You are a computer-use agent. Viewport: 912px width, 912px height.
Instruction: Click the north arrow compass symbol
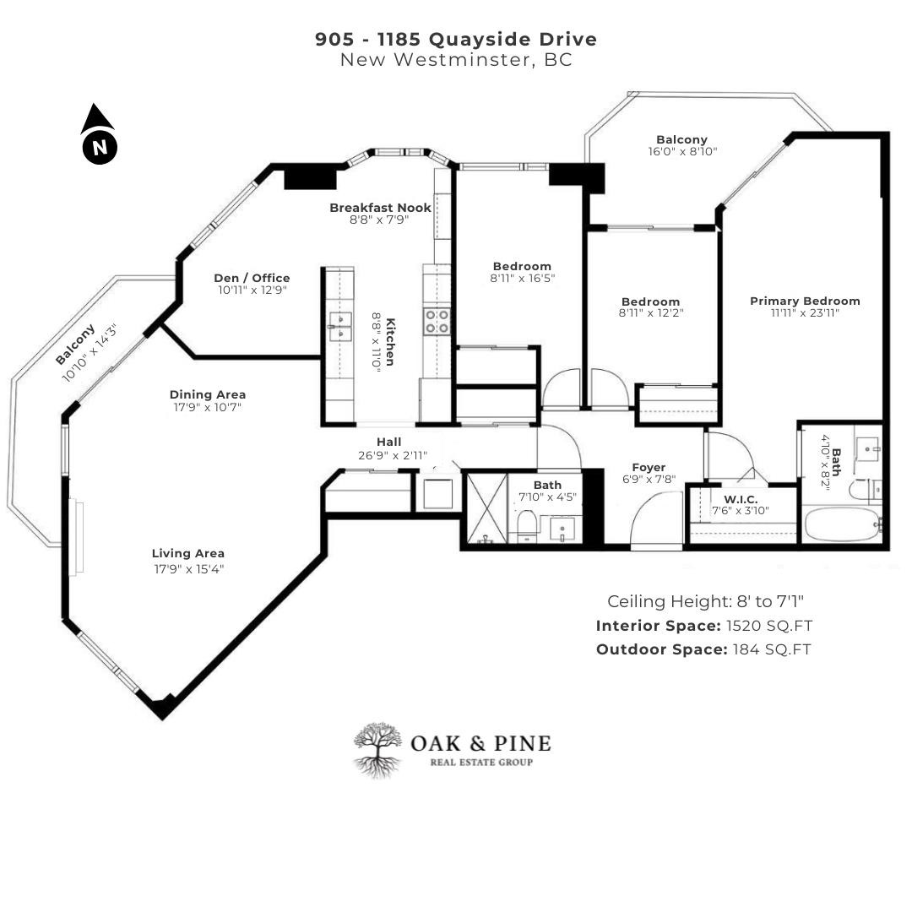click(x=100, y=134)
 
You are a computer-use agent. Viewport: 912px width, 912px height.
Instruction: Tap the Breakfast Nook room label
click(x=380, y=208)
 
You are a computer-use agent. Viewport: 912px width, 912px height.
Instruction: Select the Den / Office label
click(x=252, y=278)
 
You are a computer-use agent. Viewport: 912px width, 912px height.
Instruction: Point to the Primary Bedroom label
click(x=805, y=301)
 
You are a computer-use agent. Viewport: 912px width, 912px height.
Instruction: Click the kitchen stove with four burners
click(x=437, y=322)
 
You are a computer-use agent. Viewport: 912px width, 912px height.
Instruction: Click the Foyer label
click(x=649, y=467)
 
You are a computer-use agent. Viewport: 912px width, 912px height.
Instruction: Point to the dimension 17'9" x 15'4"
click(x=188, y=568)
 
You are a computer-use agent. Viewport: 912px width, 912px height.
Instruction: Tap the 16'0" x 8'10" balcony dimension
click(x=681, y=152)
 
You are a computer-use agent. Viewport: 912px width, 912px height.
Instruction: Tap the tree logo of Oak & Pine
click(x=377, y=748)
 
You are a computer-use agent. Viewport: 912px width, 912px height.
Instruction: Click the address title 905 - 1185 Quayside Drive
click(x=456, y=39)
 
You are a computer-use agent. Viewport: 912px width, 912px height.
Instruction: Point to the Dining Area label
click(x=208, y=394)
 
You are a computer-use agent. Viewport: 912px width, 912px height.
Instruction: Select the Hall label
click(x=388, y=442)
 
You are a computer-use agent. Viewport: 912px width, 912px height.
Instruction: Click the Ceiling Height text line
click(x=705, y=601)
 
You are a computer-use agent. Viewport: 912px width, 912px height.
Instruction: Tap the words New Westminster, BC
click(x=456, y=60)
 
